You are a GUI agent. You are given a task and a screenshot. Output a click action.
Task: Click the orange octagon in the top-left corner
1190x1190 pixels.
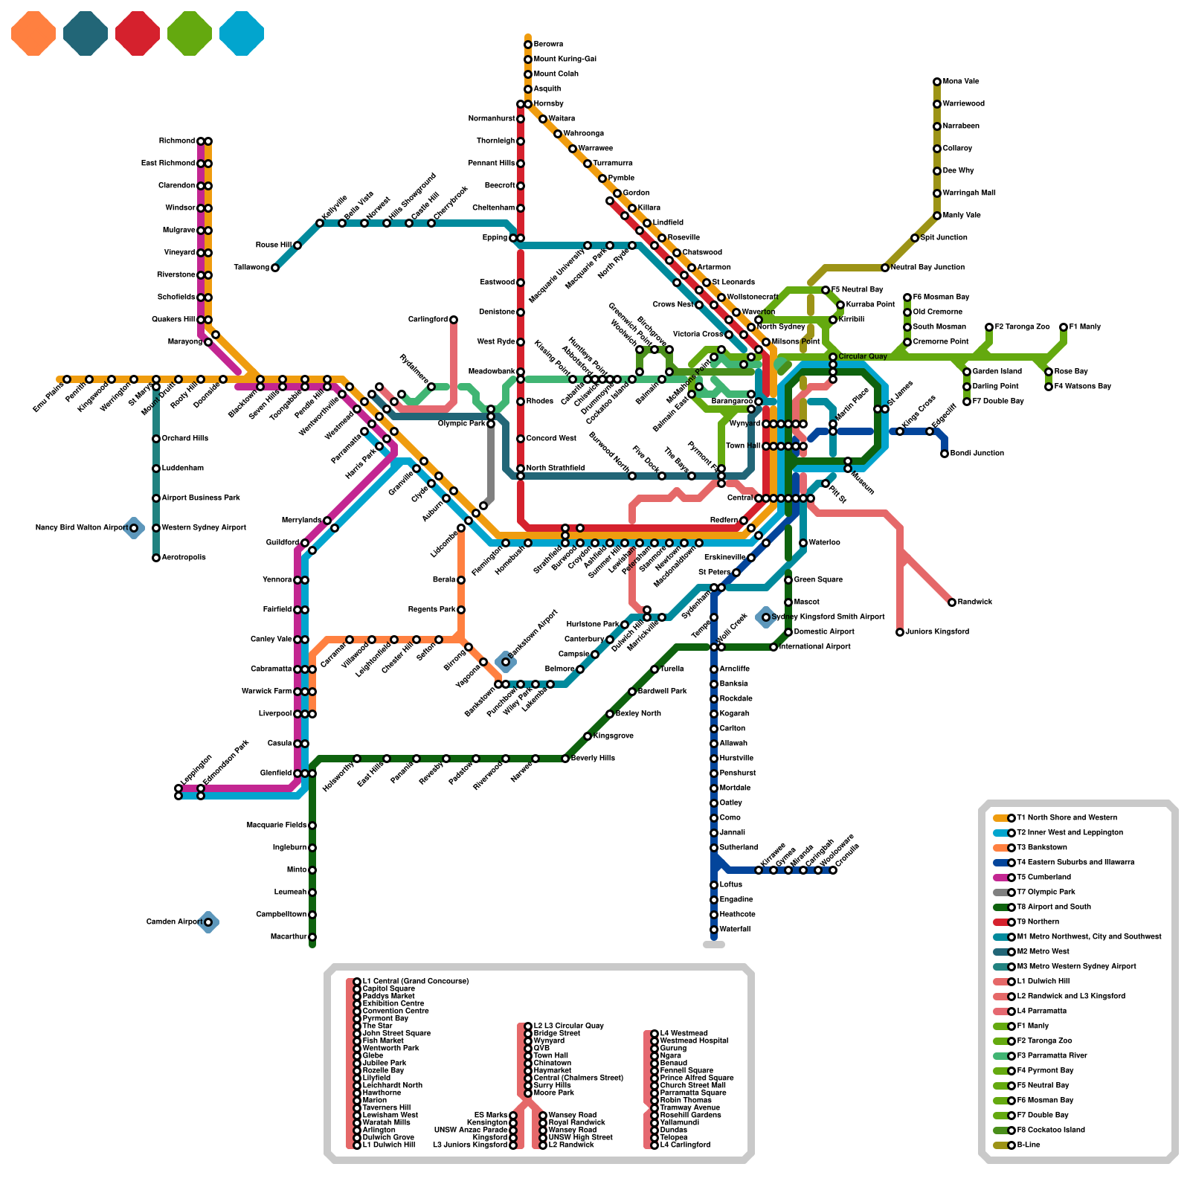33,33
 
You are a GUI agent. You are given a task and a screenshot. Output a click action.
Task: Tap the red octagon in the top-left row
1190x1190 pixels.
138,33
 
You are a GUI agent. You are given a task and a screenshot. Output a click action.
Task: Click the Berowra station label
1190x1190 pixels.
548,45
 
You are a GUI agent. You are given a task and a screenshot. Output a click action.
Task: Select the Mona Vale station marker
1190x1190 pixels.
937,82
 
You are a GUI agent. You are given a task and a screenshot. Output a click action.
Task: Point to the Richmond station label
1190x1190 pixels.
177,141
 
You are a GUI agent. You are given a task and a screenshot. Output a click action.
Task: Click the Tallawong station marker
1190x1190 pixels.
275,268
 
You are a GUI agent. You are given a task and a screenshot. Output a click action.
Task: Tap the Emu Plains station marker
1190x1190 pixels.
67,379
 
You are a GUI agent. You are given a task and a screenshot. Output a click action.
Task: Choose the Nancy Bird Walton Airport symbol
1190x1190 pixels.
134,528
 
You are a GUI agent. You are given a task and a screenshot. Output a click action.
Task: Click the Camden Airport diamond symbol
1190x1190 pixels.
208,922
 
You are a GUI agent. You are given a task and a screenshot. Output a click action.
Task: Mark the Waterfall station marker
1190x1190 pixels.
714,930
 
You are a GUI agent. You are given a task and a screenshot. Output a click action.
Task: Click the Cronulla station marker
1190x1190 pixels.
833,870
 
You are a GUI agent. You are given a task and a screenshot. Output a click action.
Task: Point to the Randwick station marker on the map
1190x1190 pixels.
952,602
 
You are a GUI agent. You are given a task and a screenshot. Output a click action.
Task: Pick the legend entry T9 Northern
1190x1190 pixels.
1038,922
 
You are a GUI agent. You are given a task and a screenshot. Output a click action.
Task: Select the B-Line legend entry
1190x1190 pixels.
1029,1145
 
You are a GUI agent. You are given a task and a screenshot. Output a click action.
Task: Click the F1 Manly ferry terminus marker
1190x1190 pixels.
1064,327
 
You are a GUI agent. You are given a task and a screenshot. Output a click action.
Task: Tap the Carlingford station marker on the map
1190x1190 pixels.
454,320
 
